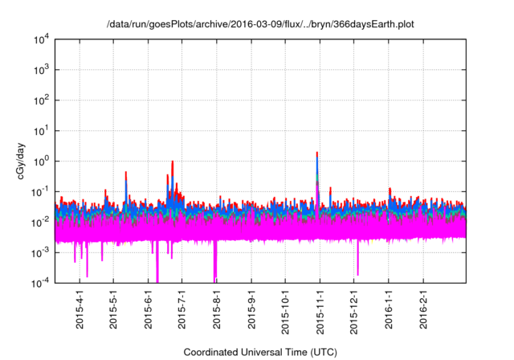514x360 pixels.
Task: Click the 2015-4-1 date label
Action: click(x=80, y=309)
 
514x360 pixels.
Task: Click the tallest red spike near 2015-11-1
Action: click(x=318, y=153)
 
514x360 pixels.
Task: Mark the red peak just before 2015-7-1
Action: click(x=173, y=162)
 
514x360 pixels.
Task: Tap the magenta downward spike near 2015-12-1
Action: click(x=357, y=272)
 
